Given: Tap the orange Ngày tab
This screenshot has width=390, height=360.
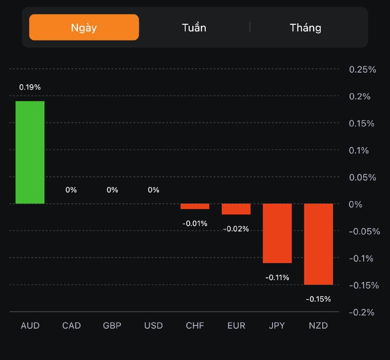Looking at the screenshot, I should pyautogui.click(x=84, y=27).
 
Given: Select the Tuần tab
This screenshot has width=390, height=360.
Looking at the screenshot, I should pyautogui.click(x=194, y=27).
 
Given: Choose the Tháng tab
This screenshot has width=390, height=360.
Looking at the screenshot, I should pyautogui.click(x=306, y=27).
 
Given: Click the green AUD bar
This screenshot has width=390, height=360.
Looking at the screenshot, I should pyautogui.click(x=30, y=152).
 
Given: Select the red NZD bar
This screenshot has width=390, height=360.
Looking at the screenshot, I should pyautogui.click(x=318, y=244).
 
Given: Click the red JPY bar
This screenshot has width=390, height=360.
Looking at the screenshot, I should pyautogui.click(x=277, y=233).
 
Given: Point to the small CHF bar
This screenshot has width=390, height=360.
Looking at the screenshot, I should pyautogui.click(x=195, y=207).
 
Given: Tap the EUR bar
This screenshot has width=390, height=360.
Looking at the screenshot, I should pyautogui.click(x=236, y=209).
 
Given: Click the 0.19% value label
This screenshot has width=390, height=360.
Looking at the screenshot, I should pyautogui.click(x=30, y=87).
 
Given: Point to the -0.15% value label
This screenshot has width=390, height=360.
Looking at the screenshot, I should pyautogui.click(x=318, y=299).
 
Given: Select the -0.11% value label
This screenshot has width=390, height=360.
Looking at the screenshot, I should pyautogui.click(x=277, y=277).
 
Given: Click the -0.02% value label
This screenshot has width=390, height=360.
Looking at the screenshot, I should pyautogui.click(x=236, y=228).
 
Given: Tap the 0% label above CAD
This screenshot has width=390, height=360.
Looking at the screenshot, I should pyautogui.click(x=71, y=189).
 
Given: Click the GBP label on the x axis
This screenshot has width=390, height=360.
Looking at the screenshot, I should pyautogui.click(x=113, y=325).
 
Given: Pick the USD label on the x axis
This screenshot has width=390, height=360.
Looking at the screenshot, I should pyautogui.click(x=154, y=325).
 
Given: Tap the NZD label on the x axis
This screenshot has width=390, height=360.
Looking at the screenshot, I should pyautogui.click(x=318, y=325).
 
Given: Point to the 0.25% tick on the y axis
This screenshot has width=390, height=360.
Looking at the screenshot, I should pyautogui.click(x=363, y=70).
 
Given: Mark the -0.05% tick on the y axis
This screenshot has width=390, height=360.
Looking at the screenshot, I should pyautogui.click(x=365, y=231).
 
